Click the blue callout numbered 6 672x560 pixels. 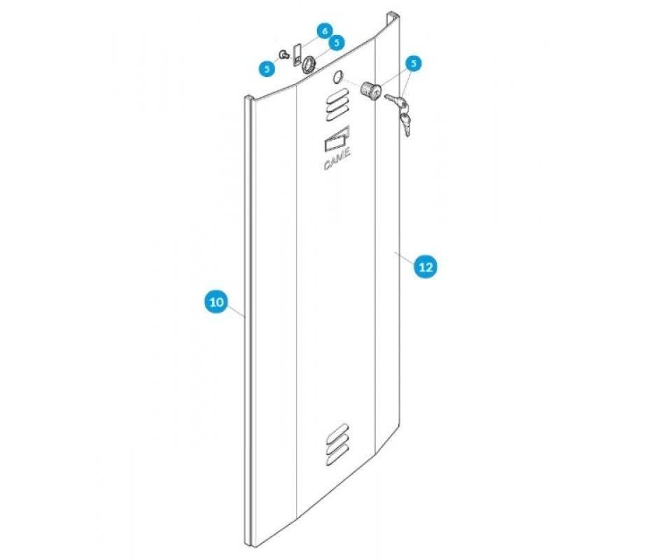point(323,31)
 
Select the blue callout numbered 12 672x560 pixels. point(425,267)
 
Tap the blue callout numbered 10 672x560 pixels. point(216,302)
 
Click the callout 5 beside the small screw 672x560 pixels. point(266,68)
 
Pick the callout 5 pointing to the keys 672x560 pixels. point(414,64)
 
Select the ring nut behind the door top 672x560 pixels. point(308,65)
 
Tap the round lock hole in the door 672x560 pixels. point(337,78)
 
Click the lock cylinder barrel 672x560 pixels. point(370,90)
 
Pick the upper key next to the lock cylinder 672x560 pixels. point(398,102)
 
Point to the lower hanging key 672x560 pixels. point(405,123)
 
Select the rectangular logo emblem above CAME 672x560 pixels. point(338,141)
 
